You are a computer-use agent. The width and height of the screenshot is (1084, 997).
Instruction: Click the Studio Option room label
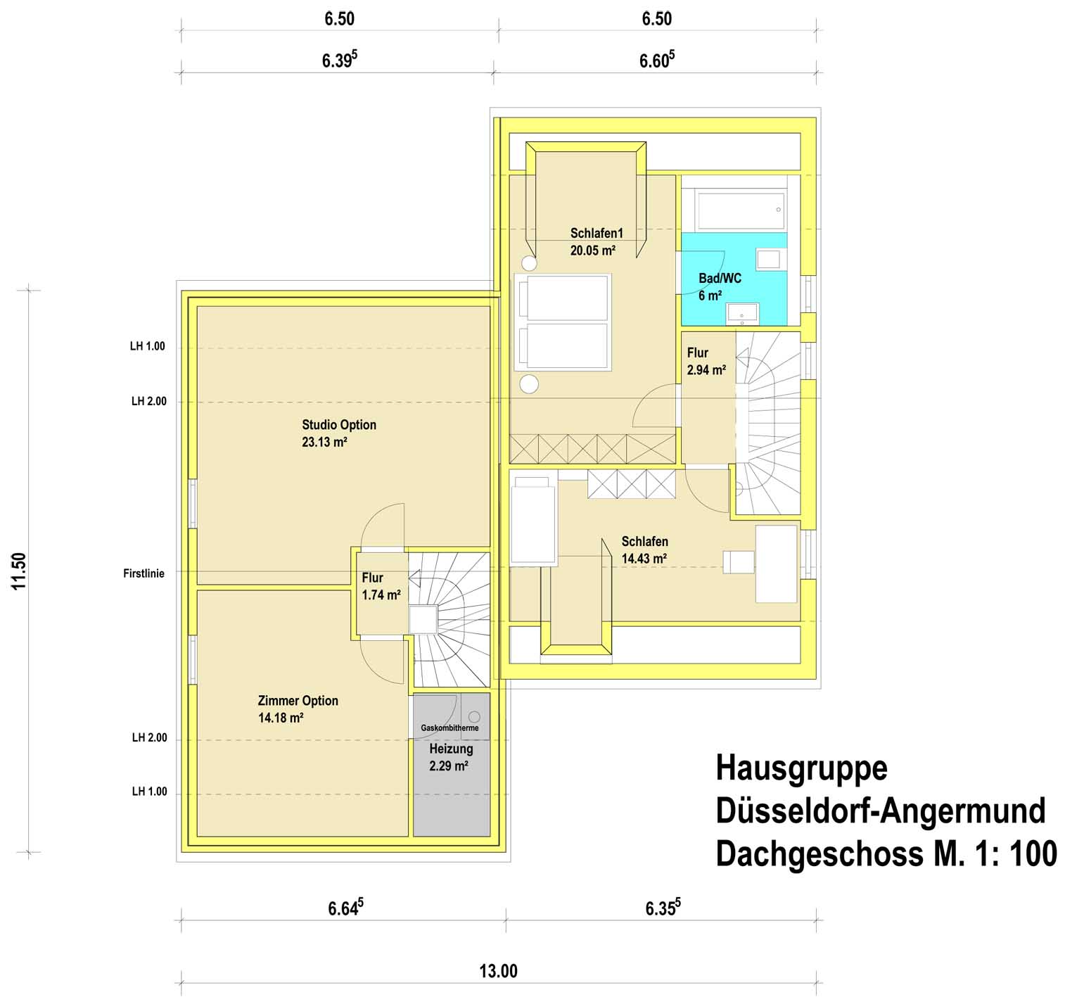339,425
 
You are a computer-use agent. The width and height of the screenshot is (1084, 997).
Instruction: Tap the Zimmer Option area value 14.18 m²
281,718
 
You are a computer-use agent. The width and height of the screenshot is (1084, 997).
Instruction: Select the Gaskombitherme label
449,728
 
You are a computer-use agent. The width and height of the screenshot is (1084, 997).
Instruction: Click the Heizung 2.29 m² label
451,757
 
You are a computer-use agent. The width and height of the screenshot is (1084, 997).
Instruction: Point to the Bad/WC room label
720,279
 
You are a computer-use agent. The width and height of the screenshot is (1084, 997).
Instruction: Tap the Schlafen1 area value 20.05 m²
593,250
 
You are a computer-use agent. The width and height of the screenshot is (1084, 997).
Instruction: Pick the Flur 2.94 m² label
706,361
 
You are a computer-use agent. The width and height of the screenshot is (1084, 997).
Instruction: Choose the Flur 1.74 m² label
381,586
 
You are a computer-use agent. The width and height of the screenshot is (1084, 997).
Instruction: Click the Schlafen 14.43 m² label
644,550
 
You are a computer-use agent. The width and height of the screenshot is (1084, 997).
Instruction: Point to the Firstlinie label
144,573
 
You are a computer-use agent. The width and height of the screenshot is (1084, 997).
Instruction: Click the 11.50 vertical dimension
19,571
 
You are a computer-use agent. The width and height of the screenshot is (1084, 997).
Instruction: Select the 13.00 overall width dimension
498,972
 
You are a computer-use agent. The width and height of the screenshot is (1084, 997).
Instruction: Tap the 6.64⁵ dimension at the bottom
345,908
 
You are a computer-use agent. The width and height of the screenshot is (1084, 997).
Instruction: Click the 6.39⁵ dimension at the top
340,60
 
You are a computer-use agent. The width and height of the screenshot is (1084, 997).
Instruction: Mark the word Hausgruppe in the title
801,768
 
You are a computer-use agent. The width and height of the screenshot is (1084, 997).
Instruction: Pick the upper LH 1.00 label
148,346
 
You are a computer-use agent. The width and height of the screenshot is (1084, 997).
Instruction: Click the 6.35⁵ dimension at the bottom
663,908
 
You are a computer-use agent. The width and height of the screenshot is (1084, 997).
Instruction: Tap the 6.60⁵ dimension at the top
657,60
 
